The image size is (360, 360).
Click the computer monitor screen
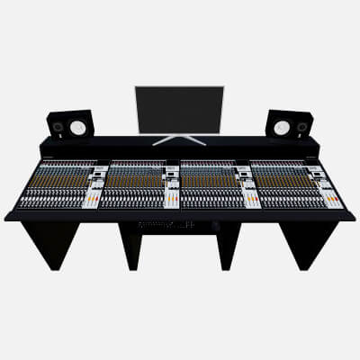tap(179, 108)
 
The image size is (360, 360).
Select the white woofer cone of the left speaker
tap(78, 128)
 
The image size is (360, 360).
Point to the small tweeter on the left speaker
tap(58, 128)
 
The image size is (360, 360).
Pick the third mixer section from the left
tap(209, 184)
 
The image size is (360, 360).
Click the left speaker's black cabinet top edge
tap(69, 112)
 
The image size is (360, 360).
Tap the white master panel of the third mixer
tap(249, 189)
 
